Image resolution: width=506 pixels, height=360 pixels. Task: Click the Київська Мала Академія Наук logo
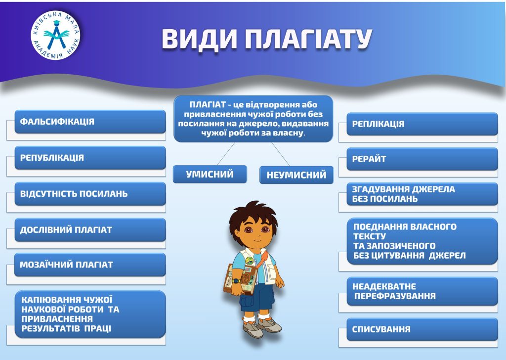point(55,35)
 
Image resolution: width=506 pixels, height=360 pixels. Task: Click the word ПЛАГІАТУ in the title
point(308,39)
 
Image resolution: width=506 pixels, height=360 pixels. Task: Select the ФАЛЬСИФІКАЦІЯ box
point(90,122)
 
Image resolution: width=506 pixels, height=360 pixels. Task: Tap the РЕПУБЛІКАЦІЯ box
point(90,158)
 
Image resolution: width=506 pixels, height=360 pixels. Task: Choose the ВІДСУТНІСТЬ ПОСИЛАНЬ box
point(90,194)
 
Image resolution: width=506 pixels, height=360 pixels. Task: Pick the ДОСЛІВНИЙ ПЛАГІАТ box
point(90,230)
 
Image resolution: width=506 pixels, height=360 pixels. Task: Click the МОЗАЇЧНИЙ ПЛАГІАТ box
point(90,265)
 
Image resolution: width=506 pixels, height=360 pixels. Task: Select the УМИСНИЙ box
point(210,175)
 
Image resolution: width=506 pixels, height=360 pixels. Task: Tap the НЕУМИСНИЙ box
point(296,175)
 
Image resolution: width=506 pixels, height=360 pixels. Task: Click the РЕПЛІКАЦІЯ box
point(422,124)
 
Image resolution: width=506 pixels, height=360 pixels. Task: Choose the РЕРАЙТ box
point(422,159)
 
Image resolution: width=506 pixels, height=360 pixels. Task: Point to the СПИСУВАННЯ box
point(422,329)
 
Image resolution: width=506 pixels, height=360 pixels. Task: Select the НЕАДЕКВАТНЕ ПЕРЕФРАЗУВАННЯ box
point(422,291)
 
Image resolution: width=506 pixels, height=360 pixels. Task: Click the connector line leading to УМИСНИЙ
point(226,154)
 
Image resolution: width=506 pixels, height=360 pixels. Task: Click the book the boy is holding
point(240,279)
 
